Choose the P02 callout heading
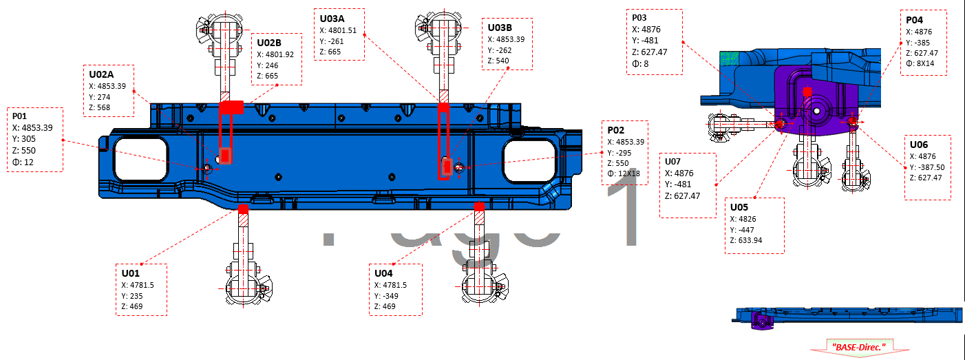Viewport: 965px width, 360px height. point(616,130)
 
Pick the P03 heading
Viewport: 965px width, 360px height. point(640,17)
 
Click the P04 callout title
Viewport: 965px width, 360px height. point(915,21)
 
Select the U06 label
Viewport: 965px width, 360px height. point(919,145)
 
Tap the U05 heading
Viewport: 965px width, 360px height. point(739,207)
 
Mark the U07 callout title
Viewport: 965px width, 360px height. point(672,162)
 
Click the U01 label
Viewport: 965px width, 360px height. point(131,273)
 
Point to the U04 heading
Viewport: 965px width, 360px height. point(384,273)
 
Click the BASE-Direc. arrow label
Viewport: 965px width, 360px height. point(858,346)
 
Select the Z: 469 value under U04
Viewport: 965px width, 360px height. point(385,306)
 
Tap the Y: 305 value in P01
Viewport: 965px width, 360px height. point(23,138)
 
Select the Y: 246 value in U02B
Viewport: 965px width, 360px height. point(270,65)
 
